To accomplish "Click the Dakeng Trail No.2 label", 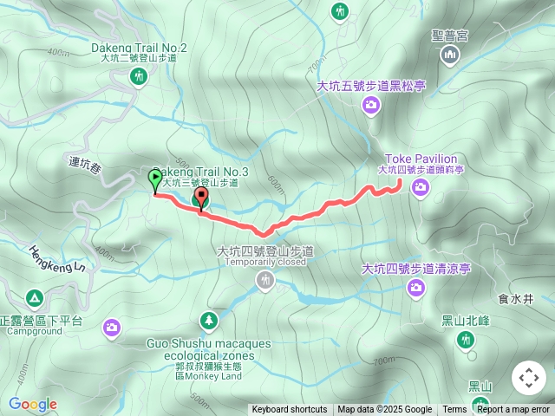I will coord(138,47).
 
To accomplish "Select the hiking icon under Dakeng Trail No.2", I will coord(137,76).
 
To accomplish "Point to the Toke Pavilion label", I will coord(421,159).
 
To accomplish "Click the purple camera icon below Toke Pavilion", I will coord(421,188).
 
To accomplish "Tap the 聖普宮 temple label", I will coord(449,36).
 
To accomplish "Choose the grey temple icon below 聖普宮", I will coord(449,56).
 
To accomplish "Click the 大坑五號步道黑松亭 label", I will coord(370,86).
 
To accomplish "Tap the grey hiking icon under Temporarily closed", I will coord(265,280).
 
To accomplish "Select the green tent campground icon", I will coord(35,298).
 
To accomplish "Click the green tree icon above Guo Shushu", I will coord(209,322).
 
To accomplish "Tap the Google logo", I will coord(32,404).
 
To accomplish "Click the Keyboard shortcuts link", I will coord(290,410).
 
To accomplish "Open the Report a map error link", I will coord(513,410).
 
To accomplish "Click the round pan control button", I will coord(529,378).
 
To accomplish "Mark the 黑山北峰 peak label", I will coord(466,320).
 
